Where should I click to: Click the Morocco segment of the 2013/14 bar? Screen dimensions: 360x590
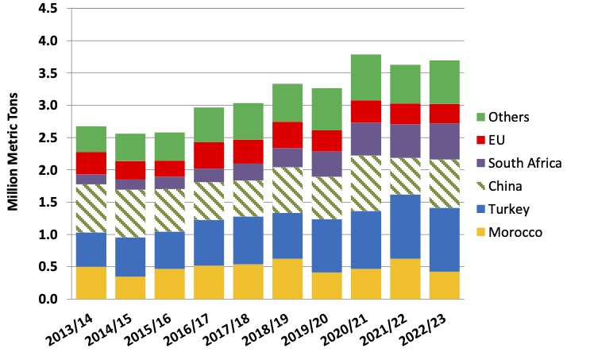point(91,283)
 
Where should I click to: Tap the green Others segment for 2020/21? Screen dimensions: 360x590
point(367,77)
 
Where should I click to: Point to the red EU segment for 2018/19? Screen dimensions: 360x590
point(287,134)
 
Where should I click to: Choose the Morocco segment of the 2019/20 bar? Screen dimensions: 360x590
point(327,285)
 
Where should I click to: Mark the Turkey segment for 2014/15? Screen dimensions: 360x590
point(130,256)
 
